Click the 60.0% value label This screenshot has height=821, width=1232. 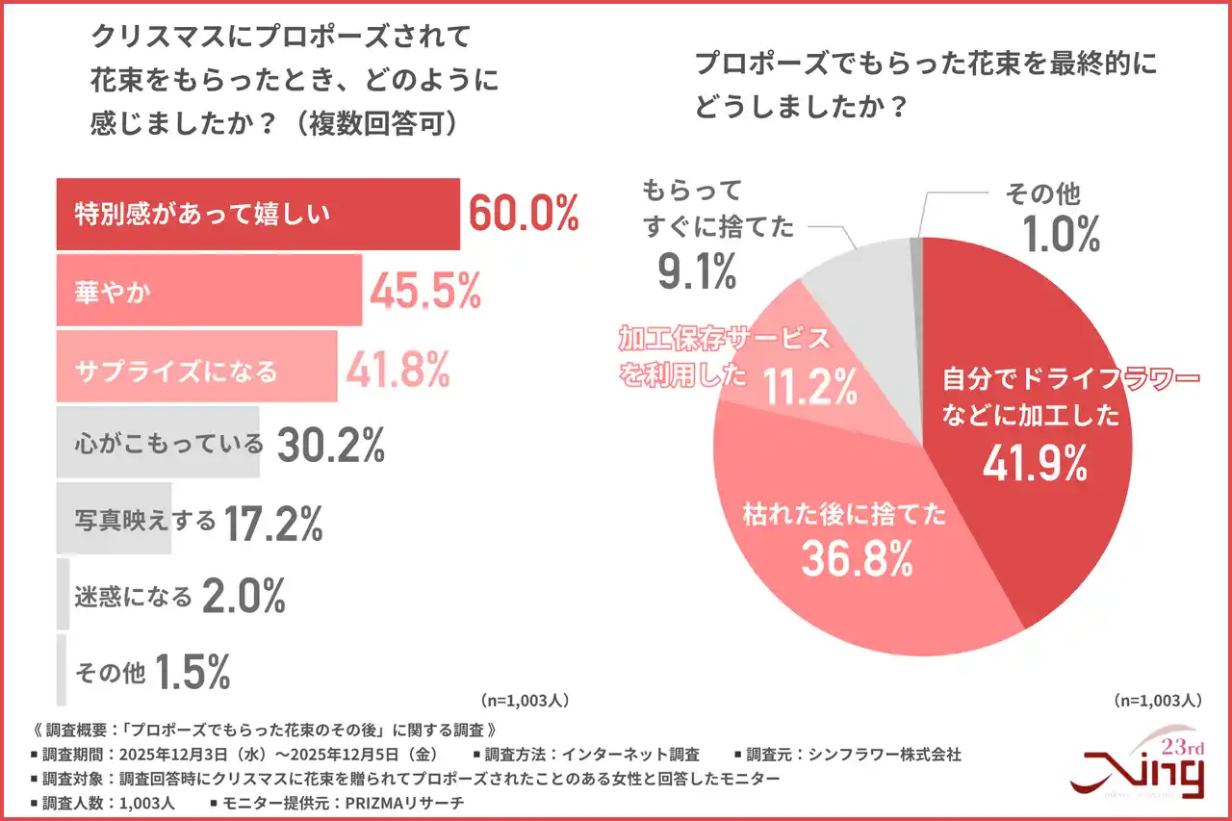[523, 214]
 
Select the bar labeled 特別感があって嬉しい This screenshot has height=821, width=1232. [258, 214]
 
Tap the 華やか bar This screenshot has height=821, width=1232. [209, 291]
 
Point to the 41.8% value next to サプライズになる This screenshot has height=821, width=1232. [398, 367]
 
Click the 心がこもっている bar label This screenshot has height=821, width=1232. [168, 443]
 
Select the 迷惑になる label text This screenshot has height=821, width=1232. [134, 597]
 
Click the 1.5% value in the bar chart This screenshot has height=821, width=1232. [192, 673]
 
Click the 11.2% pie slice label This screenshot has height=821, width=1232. [809, 387]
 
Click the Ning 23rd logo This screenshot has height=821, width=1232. [1140, 766]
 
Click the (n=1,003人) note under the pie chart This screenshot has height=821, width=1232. [1156, 700]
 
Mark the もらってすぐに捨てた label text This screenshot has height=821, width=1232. [718, 208]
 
